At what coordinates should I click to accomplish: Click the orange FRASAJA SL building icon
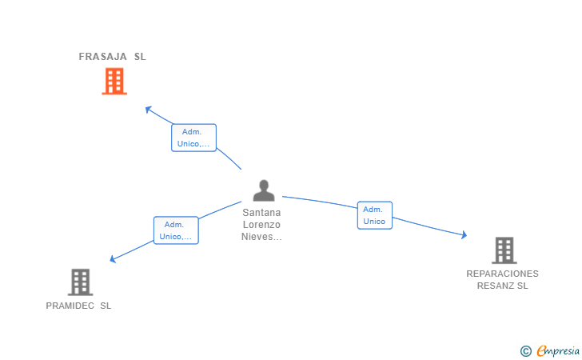coord(114,81)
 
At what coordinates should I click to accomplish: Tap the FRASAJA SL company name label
coord(112,57)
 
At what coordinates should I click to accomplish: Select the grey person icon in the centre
coord(263,190)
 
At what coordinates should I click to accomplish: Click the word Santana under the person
coord(262,213)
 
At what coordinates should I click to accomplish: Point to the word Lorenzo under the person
coord(262,225)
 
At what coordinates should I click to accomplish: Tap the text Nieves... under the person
coord(262,237)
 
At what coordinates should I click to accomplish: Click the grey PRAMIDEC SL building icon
coord(80,282)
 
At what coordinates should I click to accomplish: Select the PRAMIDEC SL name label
coord(78,306)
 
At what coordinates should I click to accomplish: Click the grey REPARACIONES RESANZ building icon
coord(504,250)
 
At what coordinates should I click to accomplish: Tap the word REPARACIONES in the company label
coord(503,274)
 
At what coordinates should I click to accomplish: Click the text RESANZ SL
coord(503,286)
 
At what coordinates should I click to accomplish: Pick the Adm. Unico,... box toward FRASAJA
coord(194,138)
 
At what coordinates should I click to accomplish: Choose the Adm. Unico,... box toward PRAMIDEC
coord(176,230)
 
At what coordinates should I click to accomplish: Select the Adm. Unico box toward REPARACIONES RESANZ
coord(374,215)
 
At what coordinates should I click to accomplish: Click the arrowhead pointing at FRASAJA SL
coord(147,108)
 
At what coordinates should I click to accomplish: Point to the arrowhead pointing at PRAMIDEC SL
coord(113,259)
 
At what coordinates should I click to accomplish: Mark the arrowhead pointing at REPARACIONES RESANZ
coord(464,235)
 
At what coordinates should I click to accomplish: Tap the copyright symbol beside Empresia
coord(525,350)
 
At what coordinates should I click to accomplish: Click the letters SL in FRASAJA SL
coord(140,57)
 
